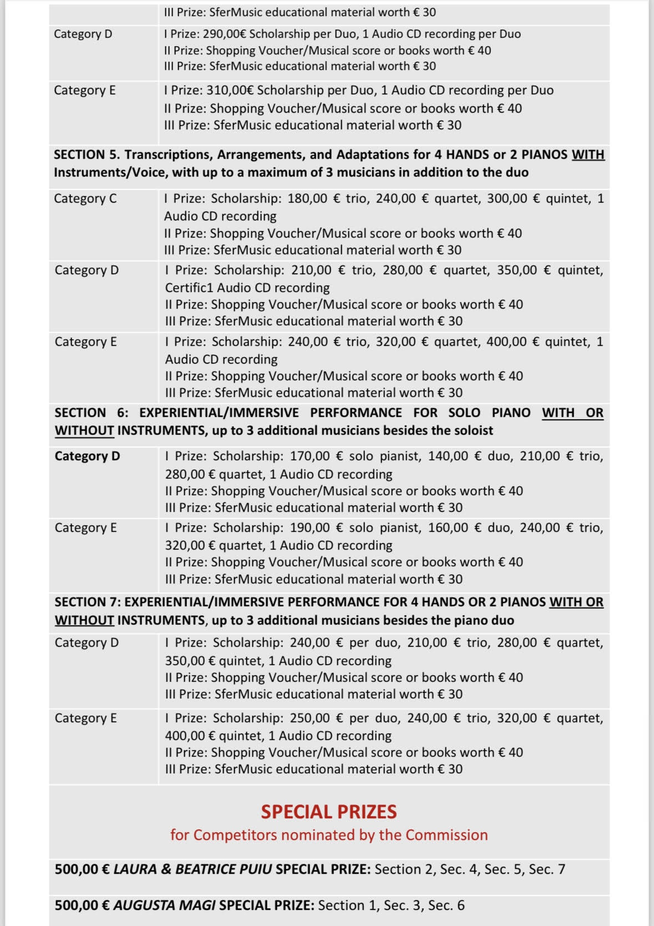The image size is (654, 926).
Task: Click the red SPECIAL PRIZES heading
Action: [x=329, y=812]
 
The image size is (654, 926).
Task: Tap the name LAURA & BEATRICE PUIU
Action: [x=192, y=869]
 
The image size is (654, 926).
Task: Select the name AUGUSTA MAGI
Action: [x=164, y=905]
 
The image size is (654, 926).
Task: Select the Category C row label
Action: [x=85, y=199]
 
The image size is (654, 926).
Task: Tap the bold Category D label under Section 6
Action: [x=87, y=456]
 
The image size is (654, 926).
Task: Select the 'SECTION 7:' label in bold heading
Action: [x=87, y=602]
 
